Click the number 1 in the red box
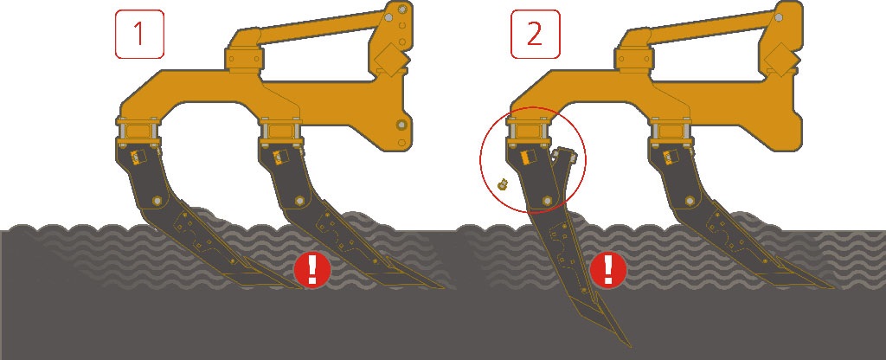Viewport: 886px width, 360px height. pos(139,34)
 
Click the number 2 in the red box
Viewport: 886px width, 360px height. pos(535,34)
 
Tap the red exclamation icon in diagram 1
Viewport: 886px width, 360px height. pos(311,270)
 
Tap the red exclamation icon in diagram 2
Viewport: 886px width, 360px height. pos(608,270)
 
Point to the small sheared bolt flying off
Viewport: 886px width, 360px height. pos(501,183)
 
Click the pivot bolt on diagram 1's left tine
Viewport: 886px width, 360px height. pos(157,201)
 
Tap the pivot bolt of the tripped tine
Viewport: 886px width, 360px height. pos(547,201)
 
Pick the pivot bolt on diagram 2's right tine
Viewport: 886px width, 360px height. pos(690,201)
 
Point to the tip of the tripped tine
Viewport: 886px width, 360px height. pos(630,346)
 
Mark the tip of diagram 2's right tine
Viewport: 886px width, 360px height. pos(833,287)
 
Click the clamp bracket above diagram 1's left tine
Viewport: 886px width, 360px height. pos(138,130)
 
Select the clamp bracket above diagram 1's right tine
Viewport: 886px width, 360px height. pos(279,130)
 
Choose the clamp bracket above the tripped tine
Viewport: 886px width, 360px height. pos(528,130)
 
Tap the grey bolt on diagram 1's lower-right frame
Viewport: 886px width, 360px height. pos(401,125)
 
